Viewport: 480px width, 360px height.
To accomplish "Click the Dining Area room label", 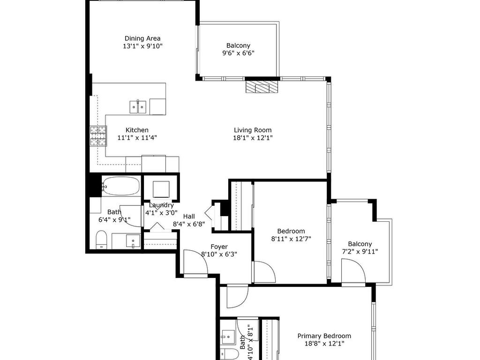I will pos(142,38).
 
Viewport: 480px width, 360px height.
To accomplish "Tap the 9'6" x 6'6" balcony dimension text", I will pos(238,53).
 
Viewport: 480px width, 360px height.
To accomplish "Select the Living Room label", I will pos(253,130).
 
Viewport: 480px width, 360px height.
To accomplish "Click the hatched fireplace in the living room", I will pos(262,87).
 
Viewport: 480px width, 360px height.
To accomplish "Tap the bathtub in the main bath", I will pos(120,186).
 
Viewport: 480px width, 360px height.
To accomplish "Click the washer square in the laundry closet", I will pos(161,189).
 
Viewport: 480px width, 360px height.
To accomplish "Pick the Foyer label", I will pos(219,247).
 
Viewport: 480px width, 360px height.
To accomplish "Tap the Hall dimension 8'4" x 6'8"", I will pos(189,224).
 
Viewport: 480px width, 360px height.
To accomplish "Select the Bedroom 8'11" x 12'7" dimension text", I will pos(291,239).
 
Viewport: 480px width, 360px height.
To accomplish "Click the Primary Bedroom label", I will pos(324,336).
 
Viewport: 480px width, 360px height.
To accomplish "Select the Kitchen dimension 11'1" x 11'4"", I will pos(137,138).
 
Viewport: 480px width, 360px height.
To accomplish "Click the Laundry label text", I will pos(161,205).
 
